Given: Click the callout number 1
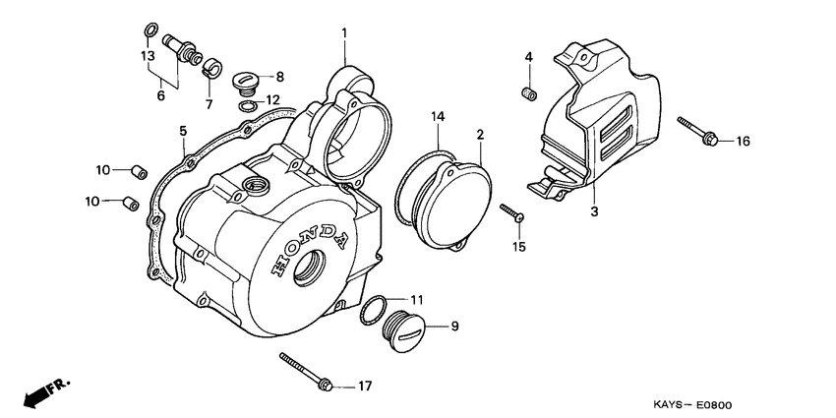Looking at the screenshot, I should point(344,33).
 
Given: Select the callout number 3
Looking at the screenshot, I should point(593,210).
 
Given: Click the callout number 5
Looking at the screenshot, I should point(182,130).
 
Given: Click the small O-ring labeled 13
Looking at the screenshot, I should point(149,30).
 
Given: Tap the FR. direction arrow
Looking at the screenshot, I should point(40,391).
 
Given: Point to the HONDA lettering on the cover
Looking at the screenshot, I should point(313,246).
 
